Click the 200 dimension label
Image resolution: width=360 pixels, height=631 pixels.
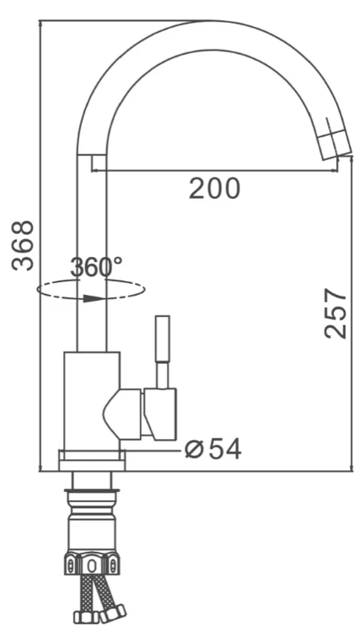coord(214,189)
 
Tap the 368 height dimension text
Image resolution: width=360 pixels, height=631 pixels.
coord(23,245)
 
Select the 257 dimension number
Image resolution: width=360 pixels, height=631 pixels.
coord(335,313)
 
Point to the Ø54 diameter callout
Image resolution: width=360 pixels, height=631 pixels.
coord(213,449)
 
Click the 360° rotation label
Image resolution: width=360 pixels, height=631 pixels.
coord(96,267)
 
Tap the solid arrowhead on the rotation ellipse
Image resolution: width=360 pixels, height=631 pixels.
coord(94,299)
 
